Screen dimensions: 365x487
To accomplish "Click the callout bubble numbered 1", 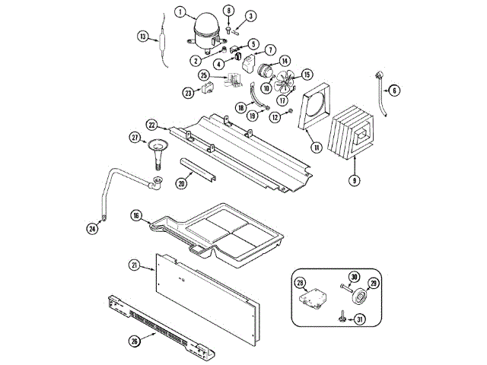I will click(x=180, y=11).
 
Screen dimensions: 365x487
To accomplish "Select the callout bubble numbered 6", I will click(x=394, y=90).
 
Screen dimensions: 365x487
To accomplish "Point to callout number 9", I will click(x=354, y=180).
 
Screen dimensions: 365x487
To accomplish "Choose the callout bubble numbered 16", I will click(x=136, y=215).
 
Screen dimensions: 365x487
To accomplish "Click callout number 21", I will click(x=134, y=265).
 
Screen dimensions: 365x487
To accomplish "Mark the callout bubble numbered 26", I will click(x=135, y=341).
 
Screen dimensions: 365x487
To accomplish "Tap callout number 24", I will click(x=92, y=227).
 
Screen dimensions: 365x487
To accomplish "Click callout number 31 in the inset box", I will click(x=361, y=319).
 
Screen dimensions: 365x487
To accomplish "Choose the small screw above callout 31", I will click(x=344, y=316).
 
